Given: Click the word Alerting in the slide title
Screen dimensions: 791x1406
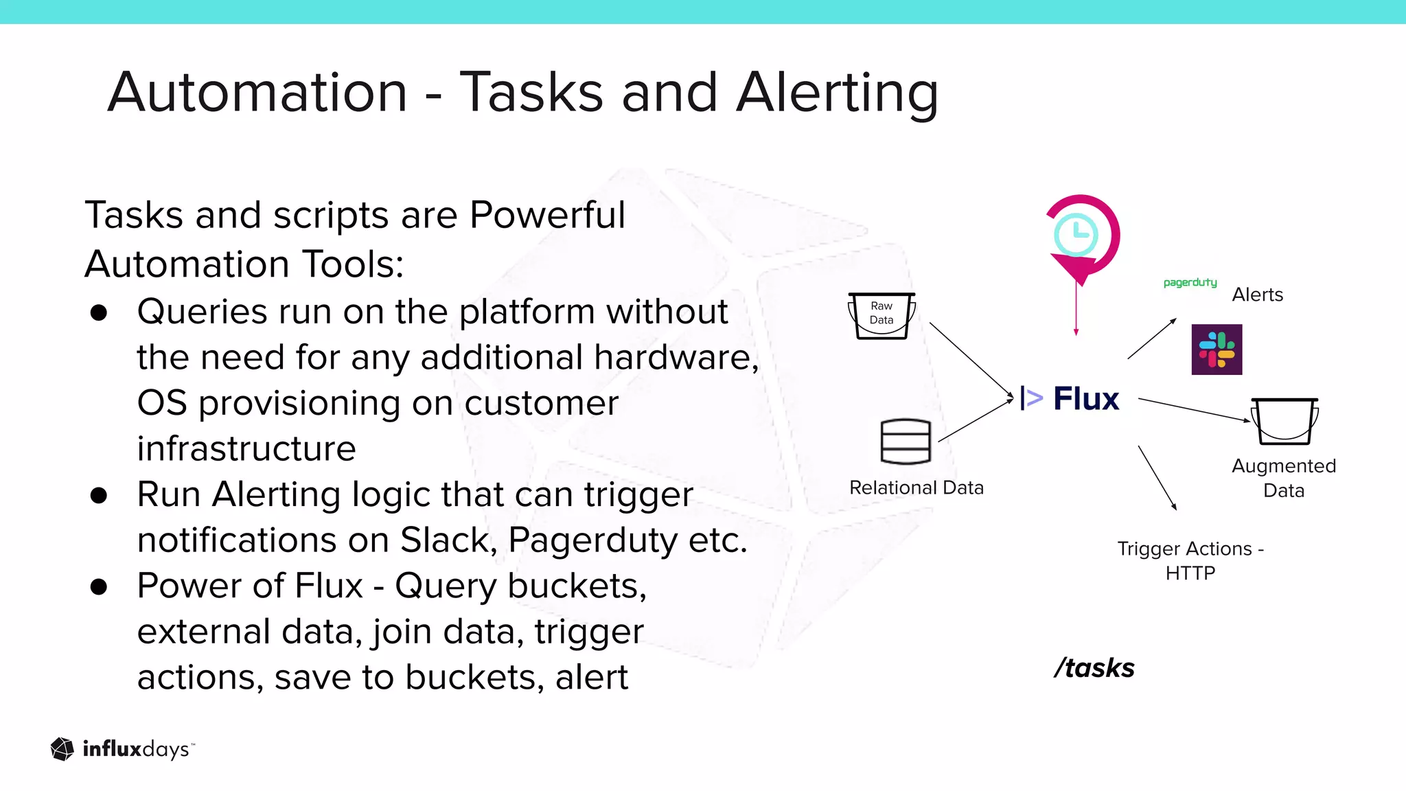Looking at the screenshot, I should pos(837,93).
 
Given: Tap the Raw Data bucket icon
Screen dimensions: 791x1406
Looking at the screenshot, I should pos(881,315).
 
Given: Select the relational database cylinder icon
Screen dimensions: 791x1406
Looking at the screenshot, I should pos(906,442).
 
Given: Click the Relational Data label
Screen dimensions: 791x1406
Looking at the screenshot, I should pos(917,488).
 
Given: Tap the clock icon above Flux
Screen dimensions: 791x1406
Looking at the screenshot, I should pos(1076,235).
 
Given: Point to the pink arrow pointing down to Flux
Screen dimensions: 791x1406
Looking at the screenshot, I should pos(1076,309).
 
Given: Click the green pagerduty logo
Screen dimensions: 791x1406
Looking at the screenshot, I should pos(1190,282).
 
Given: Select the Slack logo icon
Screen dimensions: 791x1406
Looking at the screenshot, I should pos(1217,349).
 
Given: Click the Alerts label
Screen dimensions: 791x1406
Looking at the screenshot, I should pos(1257,295).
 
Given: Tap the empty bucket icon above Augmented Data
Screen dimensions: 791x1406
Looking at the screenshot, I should pos(1284,421).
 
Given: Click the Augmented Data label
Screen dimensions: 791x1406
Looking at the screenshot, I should pos(1283,478).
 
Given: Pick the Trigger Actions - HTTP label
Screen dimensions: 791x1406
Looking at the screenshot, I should pos(1190,560).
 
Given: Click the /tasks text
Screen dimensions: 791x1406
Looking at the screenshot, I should pos(1094,667).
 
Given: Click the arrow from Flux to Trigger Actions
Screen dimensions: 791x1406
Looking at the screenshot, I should pos(1157,478).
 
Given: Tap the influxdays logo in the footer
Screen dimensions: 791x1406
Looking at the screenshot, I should pos(122,749).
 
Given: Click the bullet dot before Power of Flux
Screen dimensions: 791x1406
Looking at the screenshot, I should pos(99,587).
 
